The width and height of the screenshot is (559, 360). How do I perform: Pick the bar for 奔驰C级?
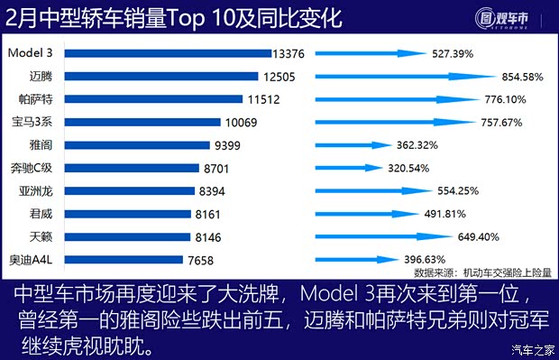point(132,168)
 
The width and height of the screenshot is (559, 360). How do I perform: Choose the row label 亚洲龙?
point(36,190)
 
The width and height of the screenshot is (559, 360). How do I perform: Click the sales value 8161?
point(213,214)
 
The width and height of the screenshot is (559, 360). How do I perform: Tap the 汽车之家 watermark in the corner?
point(531,351)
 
